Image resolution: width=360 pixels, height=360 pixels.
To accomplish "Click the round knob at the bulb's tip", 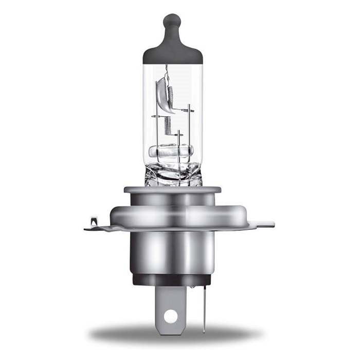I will click(172, 22).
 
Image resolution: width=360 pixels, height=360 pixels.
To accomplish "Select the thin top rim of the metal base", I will click(172, 190).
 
